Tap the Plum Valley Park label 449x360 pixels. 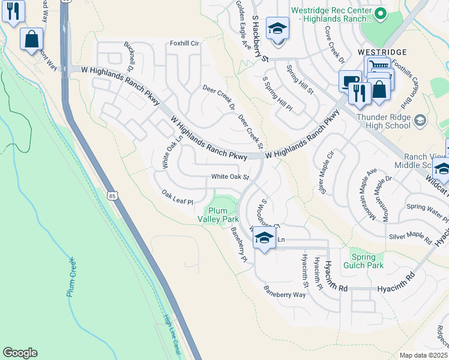(x=223, y=215)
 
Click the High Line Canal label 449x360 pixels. (x=172, y=335)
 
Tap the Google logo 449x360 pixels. (x=20, y=353)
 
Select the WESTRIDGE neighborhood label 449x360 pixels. (x=382, y=53)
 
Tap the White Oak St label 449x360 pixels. (x=229, y=177)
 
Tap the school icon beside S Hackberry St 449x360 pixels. (x=278, y=28)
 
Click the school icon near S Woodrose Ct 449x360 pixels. (x=264, y=238)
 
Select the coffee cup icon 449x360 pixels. (x=349, y=81)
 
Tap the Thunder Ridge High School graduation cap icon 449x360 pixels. (x=420, y=121)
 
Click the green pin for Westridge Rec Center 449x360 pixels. (x=379, y=13)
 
